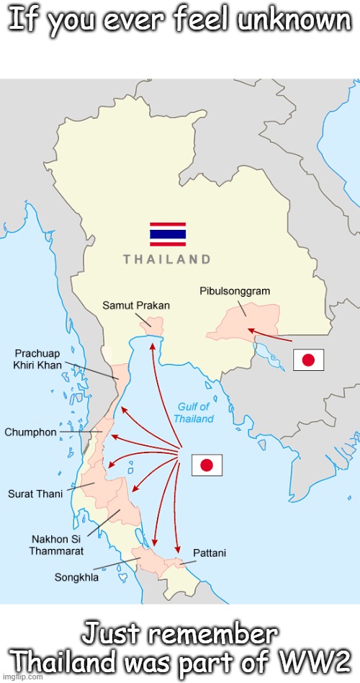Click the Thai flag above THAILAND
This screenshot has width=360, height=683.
[x=168, y=234]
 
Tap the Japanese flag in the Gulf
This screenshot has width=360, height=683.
[x=207, y=465]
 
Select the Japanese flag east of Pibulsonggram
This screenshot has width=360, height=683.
[x=308, y=360]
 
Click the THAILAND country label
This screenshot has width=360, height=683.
[x=167, y=259]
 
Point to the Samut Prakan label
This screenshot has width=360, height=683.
[x=135, y=305]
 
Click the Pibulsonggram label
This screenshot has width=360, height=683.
[x=234, y=291]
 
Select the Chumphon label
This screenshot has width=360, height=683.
[x=31, y=432]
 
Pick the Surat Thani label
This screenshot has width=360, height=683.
[x=36, y=494]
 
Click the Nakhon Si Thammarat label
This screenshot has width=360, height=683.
[x=56, y=545]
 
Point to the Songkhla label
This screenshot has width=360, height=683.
[x=77, y=577]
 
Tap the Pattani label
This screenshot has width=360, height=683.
[x=210, y=553]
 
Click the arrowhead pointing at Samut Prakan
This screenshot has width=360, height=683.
[x=152, y=347]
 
